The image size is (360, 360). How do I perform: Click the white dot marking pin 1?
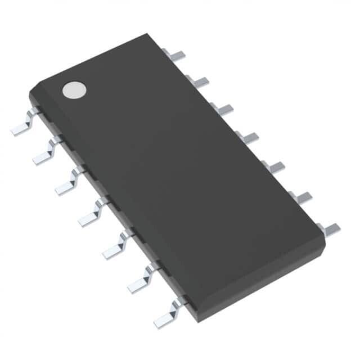[x=74, y=89]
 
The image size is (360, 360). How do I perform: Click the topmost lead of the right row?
[x=176, y=55]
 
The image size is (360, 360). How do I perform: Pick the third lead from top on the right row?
[x=223, y=109]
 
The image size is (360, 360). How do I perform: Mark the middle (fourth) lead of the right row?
[x=247, y=137]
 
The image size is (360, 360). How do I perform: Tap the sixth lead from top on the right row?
[x=301, y=196]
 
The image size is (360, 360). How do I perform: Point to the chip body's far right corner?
[x=325, y=239]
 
